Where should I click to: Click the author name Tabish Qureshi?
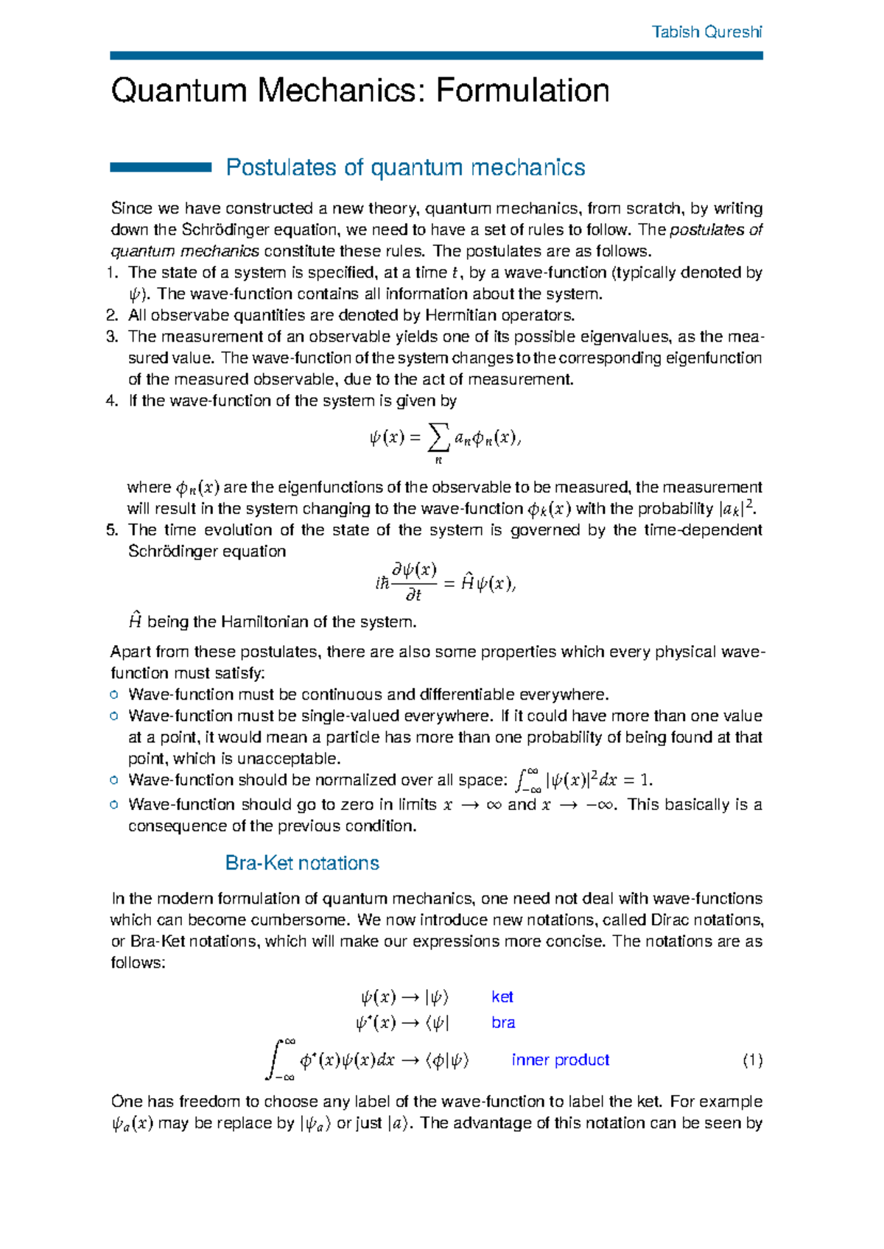706,32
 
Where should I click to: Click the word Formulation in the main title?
522,91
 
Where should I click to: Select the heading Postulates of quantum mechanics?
405,168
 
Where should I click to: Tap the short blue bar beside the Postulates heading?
161,168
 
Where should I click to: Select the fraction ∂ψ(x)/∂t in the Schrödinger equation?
414,582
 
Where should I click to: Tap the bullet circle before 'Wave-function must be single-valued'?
114,716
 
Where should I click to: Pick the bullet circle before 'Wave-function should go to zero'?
114,804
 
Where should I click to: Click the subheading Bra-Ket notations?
302,863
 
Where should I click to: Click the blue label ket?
502,997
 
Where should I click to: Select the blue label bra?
503,1023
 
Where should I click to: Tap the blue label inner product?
560,1060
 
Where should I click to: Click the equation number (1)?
752,1060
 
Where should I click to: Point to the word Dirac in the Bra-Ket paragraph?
668,920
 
